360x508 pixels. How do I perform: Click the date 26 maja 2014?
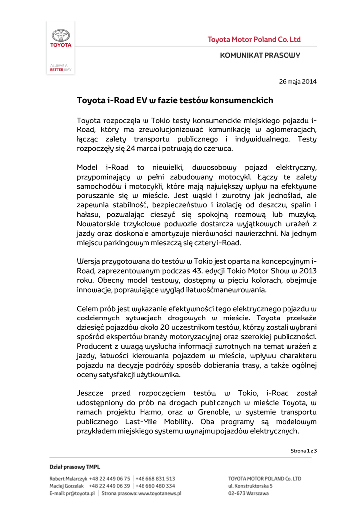coord(297,81)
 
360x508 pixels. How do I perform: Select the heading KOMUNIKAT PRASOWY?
coord(260,55)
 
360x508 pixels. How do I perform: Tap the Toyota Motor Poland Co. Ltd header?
coord(254,40)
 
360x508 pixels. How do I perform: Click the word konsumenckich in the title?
coord(241,101)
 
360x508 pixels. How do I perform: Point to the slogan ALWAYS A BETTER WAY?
coord(61,68)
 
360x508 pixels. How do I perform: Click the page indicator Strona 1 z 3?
coord(303,450)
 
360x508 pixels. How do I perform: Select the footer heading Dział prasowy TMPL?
coord(74,467)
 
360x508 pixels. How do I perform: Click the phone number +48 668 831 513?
coord(155,479)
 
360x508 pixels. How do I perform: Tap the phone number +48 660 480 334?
coord(155,486)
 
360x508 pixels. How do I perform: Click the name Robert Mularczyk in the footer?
coord(69,479)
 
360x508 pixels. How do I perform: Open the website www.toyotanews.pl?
coord(159,494)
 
